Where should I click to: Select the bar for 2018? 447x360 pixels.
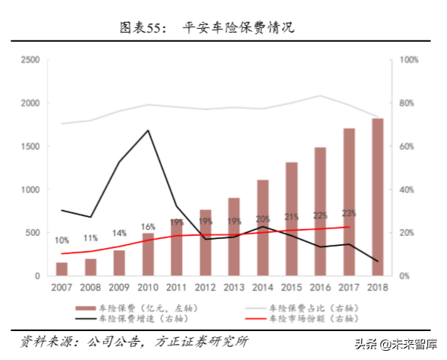tap(377, 198)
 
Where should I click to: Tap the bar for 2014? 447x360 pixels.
tap(263, 228)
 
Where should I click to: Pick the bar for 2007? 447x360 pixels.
tap(62, 269)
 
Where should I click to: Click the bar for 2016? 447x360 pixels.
tap(320, 212)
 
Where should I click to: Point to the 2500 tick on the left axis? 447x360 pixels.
tap(30, 60)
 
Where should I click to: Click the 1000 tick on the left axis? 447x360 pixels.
tap(30, 190)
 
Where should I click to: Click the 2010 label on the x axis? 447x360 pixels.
tap(148, 288)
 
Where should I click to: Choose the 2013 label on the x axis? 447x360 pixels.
tap(234, 288)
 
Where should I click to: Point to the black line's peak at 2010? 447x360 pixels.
tap(148, 130)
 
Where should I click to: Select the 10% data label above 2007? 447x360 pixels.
tap(62, 241)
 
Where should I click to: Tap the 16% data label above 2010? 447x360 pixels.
tap(148, 227)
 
